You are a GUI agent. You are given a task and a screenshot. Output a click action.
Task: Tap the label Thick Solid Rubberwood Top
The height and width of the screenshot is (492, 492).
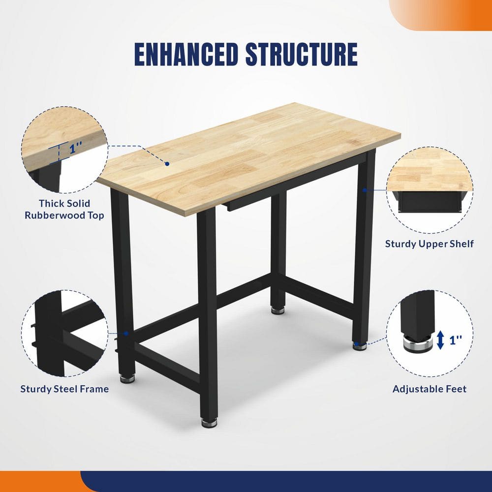[x=64, y=209]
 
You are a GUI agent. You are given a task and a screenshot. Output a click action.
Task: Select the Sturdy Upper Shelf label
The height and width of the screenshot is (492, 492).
[x=429, y=244]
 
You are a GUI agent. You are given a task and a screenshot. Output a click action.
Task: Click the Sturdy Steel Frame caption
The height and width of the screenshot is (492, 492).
[x=64, y=389]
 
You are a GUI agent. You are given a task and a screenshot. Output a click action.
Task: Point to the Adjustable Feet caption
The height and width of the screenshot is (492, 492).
[x=429, y=389]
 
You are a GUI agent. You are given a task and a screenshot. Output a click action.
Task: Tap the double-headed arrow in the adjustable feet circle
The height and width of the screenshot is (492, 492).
[x=440, y=340]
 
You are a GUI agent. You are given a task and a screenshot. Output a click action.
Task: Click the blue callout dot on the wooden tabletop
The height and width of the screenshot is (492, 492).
[x=167, y=163]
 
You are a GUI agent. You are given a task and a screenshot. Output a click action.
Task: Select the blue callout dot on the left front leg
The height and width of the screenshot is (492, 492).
[x=126, y=333]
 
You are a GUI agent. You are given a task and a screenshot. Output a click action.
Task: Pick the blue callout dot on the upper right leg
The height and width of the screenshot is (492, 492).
[x=365, y=189]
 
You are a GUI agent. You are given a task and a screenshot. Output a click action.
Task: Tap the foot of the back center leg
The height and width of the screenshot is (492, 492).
[x=278, y=310]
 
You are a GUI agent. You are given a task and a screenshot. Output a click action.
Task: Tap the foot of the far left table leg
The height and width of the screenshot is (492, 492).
[x=127, y=378]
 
